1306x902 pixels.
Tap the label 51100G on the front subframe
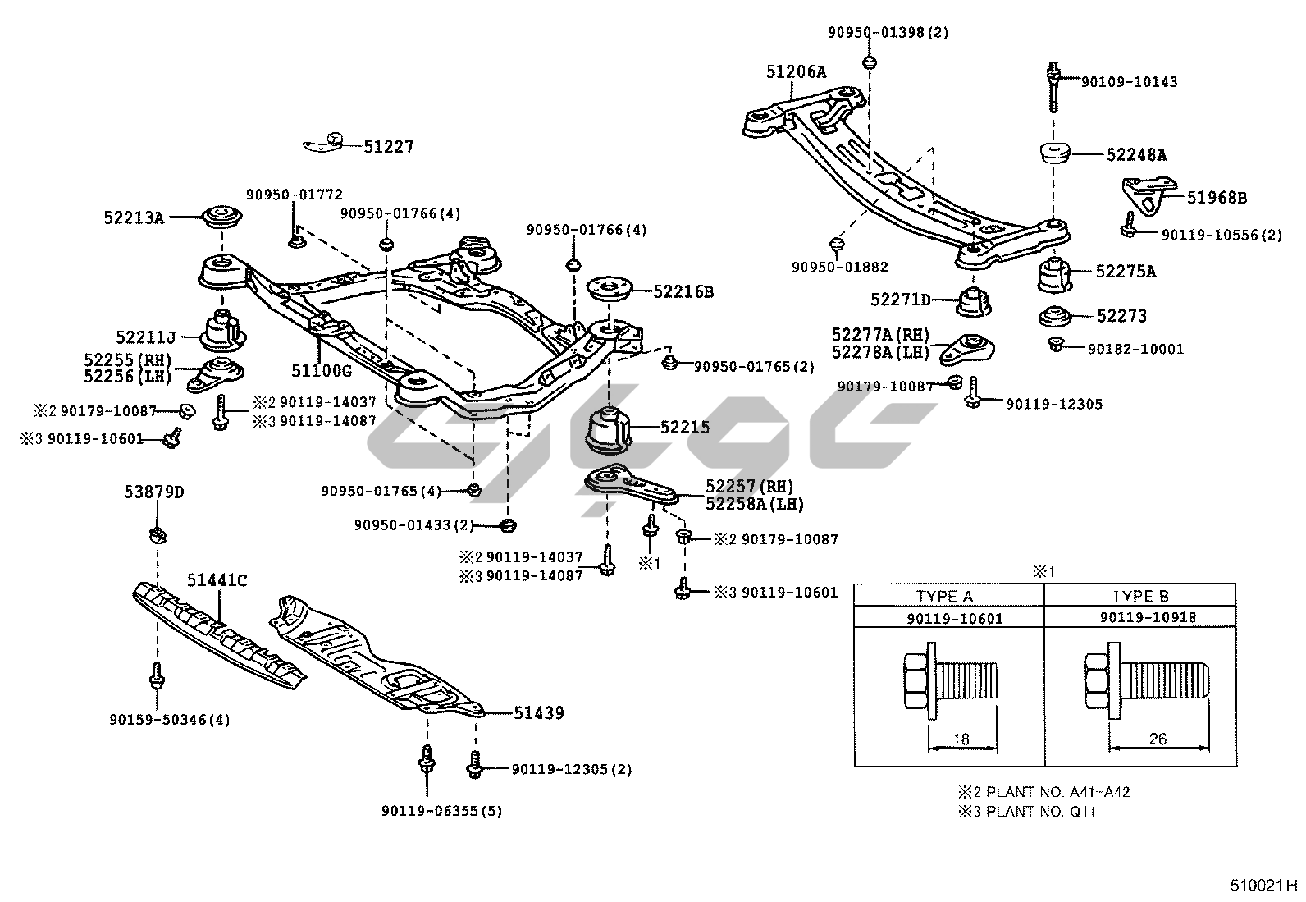pyautogui.click(x=321, y=370)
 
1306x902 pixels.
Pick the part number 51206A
pyautogui.click(x=796, y=72)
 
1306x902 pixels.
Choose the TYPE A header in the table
pyautogui.click(x=944, y=597)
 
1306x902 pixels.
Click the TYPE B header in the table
pyautogui.click(x=1140, y=597)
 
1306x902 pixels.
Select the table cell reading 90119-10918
pyautogui.click(x=1140, y=618)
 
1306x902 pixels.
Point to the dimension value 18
pyautogui.click(x=961, y=739)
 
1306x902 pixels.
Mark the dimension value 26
pyautogui.click(x=1157, y=739)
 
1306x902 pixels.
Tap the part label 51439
pyautogui.click(x=539, y=712)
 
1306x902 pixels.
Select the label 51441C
pyautogui.click(x=217, y=581)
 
